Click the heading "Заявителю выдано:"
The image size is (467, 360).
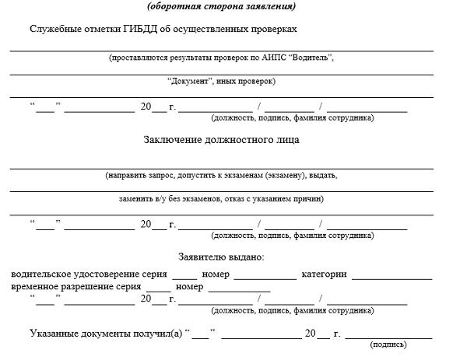pyautogui.click(x=221, y=257)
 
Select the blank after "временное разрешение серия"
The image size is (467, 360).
pyautogui.click(x=158, y=288)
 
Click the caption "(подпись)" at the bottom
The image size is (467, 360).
pyautogui.click(x=388, y=344)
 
